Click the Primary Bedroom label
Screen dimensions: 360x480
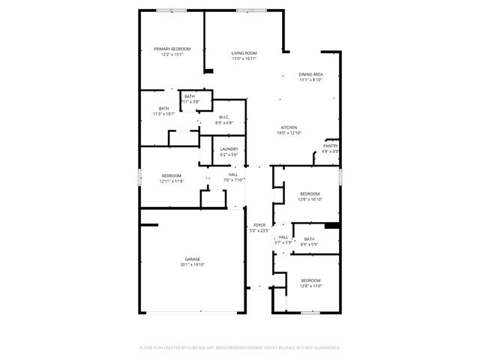click(172, 49)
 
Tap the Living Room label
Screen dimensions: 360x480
click(244, 53)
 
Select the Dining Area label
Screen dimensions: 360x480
click(310, 74)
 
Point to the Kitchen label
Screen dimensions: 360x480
click(289, 127)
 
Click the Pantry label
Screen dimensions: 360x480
click(330, 145)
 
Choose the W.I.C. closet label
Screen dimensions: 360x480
click(224, 117)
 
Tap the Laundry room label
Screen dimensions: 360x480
click(229, 148)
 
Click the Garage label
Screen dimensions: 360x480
click(193, 259)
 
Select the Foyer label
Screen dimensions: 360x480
click(259, 225)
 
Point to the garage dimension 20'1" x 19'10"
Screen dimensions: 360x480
click(193, 265)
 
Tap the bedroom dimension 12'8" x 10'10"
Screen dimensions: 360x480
click(310, 199)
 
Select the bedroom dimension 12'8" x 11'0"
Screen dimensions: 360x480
click(310, 286)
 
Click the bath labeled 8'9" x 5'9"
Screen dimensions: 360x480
click(309, 244)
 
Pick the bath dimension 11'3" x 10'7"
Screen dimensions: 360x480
click(163, 114)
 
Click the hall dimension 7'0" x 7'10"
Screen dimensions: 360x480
click(234, 180)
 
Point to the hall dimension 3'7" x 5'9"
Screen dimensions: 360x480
click(283, 242)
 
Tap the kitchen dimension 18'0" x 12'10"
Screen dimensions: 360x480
click(289, 133)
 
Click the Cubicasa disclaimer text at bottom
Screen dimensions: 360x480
click(239, 348)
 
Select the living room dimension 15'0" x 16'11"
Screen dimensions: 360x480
click(244, 58)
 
